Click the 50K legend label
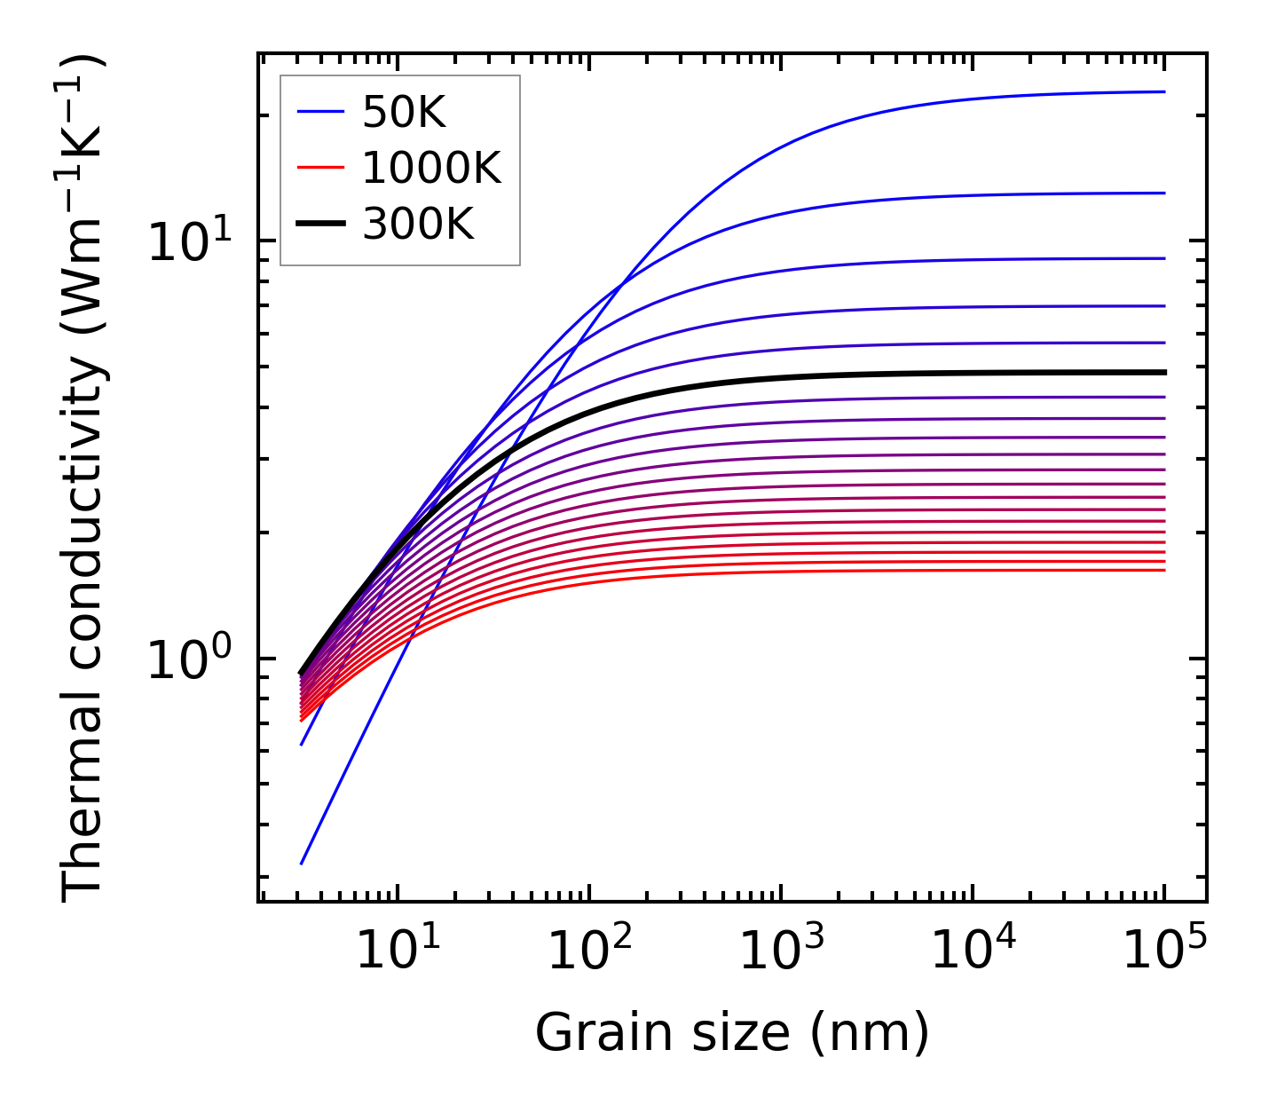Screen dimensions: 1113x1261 [x=404, y=112]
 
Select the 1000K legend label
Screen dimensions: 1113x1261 [x=431, y=168]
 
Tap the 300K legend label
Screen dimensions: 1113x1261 [x=418, y=225]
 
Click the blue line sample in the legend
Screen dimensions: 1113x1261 [x=319, y=112]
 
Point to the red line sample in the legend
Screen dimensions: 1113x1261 [x=319, y=168]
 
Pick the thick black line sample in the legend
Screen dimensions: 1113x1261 [x=319, y=225]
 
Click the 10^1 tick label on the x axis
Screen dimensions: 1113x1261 [x=397, y=951]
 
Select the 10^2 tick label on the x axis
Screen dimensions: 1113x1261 [x=589, y=951]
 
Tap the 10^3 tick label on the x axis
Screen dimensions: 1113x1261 [x=781, y=951]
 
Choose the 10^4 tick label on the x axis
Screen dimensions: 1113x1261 [x=973, y=951]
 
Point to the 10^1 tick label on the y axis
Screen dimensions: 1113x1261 [x=201, y=241]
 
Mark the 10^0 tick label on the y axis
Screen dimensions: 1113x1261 [x=201, y=659]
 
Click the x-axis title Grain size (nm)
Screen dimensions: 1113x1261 [x=732, y=1033]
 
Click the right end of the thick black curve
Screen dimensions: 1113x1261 [x=1163, y=373]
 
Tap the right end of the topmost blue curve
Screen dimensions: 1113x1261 [x=1163, y=91]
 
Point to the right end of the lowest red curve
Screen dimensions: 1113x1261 [x=1163, y=570]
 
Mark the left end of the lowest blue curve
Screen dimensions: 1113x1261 [x=302, y=863]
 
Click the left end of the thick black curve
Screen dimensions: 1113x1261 [x=301, y=673]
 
